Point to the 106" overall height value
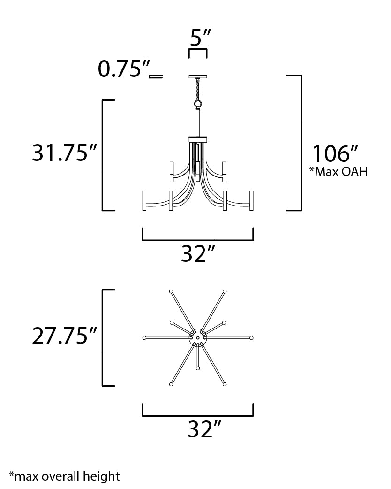(x=336, y=154)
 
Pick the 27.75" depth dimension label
(x=65, y=336)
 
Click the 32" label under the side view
(x=198, y=254)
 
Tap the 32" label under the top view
(x=204, y=429)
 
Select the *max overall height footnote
(x=64, y=476)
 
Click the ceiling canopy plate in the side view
(x=198, y=76)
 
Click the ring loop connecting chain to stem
(x=198, y=103)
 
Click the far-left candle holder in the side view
(x=144, y=201)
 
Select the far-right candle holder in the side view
(x=251, y=201)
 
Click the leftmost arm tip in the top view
(x=144, y=338)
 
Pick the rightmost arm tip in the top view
(x=252, y=338)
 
